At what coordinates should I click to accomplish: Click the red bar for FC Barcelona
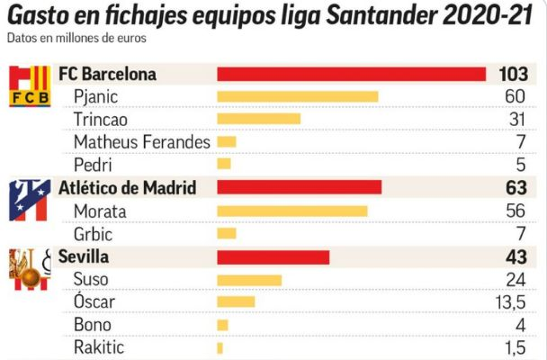(351, 74)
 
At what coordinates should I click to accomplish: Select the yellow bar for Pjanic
(297, 96)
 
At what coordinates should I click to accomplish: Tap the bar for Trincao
(258, 119)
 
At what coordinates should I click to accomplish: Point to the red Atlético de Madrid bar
(299, 187)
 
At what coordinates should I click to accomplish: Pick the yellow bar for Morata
(291, 211)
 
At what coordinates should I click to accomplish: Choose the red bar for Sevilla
(273, 256)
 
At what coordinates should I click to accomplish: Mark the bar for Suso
(249, 280)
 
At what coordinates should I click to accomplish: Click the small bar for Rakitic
(220, 347)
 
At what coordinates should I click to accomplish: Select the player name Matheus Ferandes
(142, 141)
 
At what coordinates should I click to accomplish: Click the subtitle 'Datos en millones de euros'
(76, 39)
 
